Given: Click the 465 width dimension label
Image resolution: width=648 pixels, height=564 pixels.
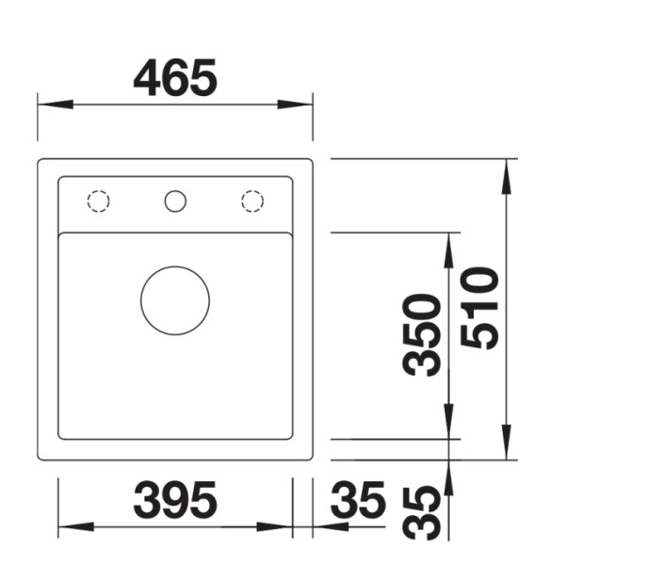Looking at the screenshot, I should click(x=175, y=78).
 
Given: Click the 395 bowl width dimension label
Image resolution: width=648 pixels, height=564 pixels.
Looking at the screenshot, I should click(x=175, y=500).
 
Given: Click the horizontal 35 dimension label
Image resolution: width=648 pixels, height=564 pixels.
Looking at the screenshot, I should click(x=358, y=500).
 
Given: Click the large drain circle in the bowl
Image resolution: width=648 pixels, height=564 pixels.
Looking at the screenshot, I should click(x=175, y=299).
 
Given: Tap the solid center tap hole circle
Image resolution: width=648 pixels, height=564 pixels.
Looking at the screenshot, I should click(x=175, y=201).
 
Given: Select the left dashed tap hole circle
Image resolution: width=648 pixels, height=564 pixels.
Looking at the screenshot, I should click(x=98, y=201).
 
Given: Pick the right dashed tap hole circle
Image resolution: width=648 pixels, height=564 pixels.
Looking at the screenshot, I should click(x=251, y=201).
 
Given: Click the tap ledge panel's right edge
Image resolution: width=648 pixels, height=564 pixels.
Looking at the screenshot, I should click(x=292, y=203).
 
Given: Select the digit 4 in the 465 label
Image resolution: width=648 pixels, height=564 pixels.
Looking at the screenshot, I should click(x=148, y=78).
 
